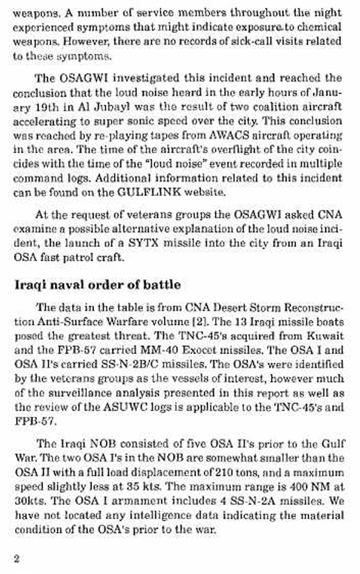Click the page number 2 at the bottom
click(17, 558)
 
